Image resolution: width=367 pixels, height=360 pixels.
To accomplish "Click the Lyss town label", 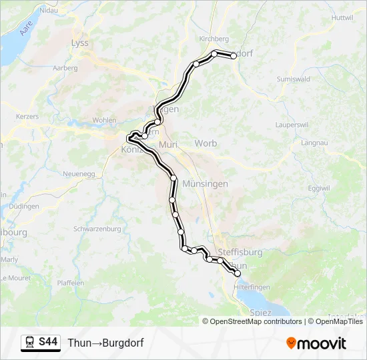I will click(x=79, y=43).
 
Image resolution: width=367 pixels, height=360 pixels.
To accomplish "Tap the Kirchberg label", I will click(x=214, y=39).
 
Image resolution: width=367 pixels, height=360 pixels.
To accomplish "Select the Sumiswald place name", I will click(x=293, y=79).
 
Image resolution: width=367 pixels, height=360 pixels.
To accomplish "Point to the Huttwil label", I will click(x=341, y=17).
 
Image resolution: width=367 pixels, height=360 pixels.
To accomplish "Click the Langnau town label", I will click(x=315, y=143).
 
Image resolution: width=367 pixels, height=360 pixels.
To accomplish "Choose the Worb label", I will click(x=206, y=143).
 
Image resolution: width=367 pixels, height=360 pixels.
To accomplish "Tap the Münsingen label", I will click(x=205, y=183).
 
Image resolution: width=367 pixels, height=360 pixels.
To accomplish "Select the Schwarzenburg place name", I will click(x=97, y=229).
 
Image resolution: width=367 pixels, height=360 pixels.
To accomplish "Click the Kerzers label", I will click(x=27, y=116).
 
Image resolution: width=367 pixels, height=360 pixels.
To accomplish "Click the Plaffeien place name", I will click(x=71, y=283).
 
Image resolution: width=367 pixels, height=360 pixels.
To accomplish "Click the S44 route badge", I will click(x=48, y=343).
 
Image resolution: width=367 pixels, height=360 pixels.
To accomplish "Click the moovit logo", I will click(x=316, y=343).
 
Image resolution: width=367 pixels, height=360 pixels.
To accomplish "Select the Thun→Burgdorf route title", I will click(x=105, y=343).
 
